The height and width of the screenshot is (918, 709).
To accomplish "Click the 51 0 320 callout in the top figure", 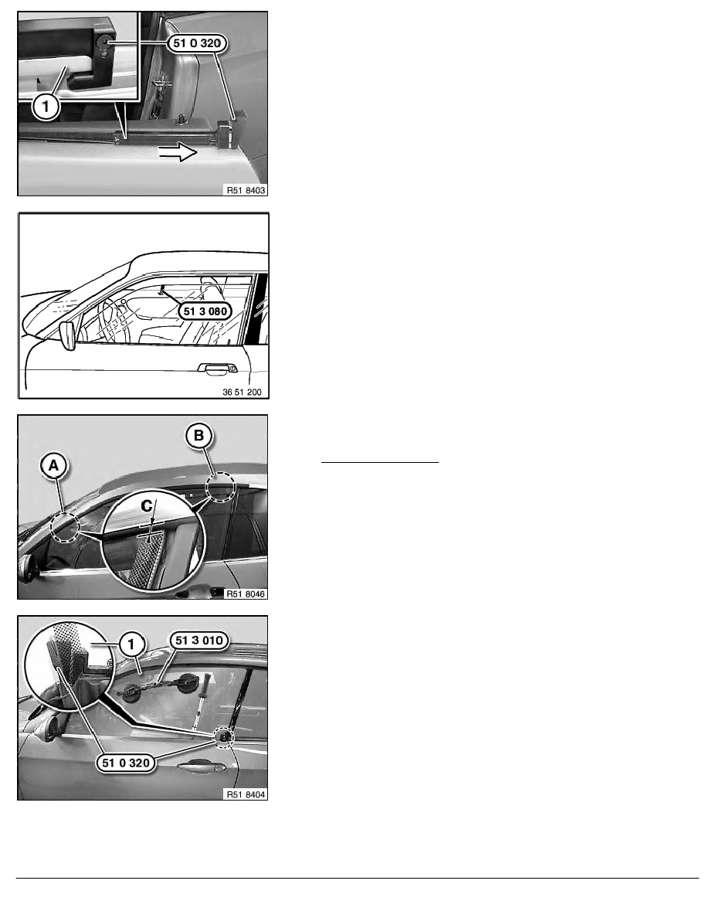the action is pos(197,42).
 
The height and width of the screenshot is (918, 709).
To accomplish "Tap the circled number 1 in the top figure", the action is pos(45,107).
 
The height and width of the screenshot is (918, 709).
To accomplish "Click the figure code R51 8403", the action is pos(246,190).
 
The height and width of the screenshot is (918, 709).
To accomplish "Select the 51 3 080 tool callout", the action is pos(205,311).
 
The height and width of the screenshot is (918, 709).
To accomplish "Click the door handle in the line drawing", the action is pos(217,369).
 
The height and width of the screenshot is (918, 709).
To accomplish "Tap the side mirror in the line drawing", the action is pos(68,335).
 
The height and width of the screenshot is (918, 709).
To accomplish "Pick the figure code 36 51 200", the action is pos(242,392).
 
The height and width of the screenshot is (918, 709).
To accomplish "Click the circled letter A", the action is pos(54,466).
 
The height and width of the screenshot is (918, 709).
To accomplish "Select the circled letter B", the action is pos(198,436).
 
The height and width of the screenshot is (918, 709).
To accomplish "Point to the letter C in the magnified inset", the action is pos(147,506).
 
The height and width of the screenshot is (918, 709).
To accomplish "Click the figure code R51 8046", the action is pos(246,593).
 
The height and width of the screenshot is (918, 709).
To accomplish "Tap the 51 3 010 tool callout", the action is pos(199,641).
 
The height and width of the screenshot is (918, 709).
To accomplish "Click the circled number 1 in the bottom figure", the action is pos(131,644).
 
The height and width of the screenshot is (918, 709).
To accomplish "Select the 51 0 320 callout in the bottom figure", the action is pos(126,763).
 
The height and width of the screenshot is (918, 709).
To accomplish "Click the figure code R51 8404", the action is pos(246,794).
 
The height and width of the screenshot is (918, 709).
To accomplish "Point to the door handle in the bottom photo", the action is pos(202,767).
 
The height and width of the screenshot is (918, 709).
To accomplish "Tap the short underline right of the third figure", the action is pos(380,463).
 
